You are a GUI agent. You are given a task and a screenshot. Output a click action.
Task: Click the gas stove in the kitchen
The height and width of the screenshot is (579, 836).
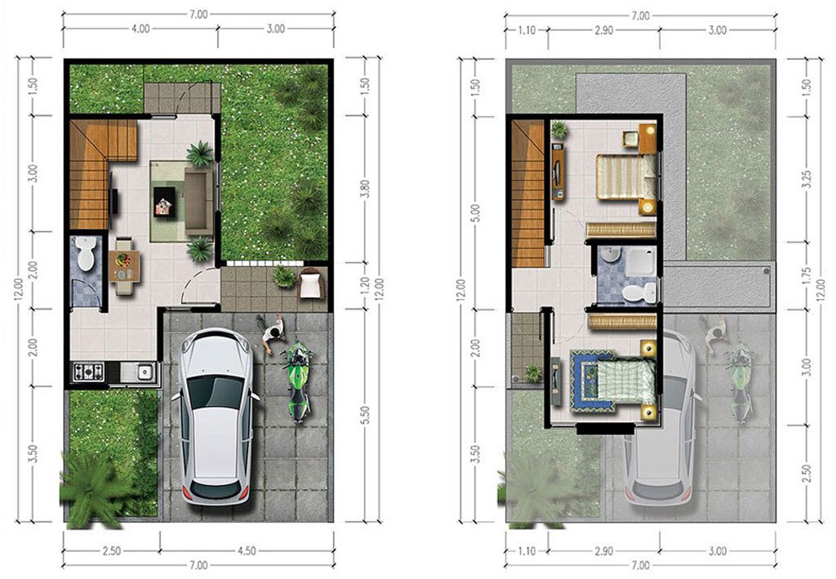coord(88,371)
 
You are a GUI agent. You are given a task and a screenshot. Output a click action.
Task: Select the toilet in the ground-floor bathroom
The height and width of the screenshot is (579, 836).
coord(85,253)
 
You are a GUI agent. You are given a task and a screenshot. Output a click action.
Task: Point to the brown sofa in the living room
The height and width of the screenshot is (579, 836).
coord(198,201)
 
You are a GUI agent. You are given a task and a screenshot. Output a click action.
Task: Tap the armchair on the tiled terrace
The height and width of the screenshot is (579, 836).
coord(312,285)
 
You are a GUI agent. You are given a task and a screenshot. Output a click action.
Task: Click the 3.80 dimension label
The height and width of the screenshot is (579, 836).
coord(365,189)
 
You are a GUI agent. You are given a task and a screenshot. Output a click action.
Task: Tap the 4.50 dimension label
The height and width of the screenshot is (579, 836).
coord(247,551)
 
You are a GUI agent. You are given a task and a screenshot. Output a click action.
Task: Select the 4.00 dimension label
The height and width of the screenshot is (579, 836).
coord(140,29)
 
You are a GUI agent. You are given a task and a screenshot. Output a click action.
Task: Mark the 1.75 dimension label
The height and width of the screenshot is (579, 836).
coord(807,277)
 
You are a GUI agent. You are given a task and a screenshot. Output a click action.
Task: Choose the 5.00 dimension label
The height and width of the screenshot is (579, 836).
coord(476,212)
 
